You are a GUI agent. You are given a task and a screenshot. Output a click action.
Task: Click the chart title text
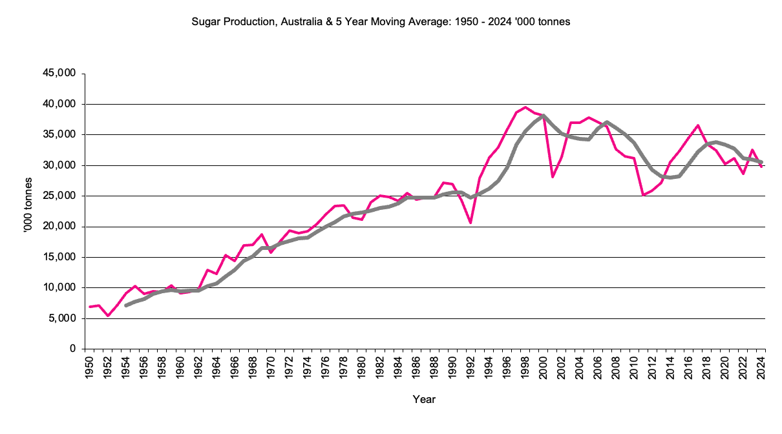381,22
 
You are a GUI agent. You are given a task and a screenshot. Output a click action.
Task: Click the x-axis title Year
424,400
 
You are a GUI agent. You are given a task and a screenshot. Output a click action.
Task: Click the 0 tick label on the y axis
72,349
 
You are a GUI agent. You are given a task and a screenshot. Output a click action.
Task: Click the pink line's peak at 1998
525,107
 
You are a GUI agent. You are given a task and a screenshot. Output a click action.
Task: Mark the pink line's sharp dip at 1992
470,223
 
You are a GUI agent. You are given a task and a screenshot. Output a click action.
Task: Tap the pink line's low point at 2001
553,176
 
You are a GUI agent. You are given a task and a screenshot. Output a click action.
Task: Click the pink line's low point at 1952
108,315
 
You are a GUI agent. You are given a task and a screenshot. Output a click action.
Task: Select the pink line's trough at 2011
644,194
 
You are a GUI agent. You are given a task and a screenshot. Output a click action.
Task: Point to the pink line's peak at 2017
698,125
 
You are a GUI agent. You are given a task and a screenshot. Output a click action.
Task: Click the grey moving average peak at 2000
544,116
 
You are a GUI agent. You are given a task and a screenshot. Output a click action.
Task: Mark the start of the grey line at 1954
126,305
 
